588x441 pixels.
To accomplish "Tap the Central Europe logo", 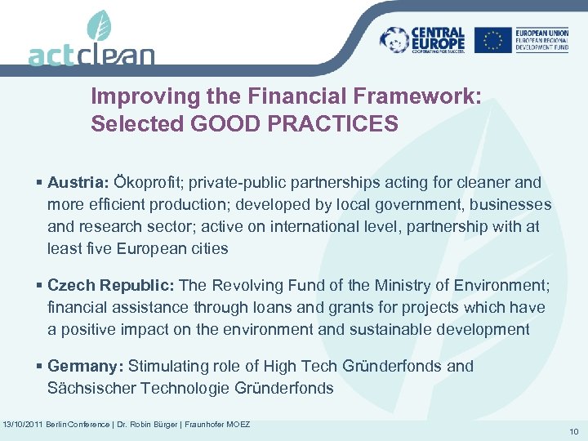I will [423, 39].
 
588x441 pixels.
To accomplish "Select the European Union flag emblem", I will [493, 39].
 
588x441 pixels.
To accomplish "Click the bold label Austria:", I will [78, 182].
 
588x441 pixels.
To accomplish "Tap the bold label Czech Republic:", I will [110, 285].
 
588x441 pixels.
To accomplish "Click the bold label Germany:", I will [85, 366].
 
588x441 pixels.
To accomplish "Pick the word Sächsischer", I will [91, 388].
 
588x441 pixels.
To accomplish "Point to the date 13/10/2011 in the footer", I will [24, 425].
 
